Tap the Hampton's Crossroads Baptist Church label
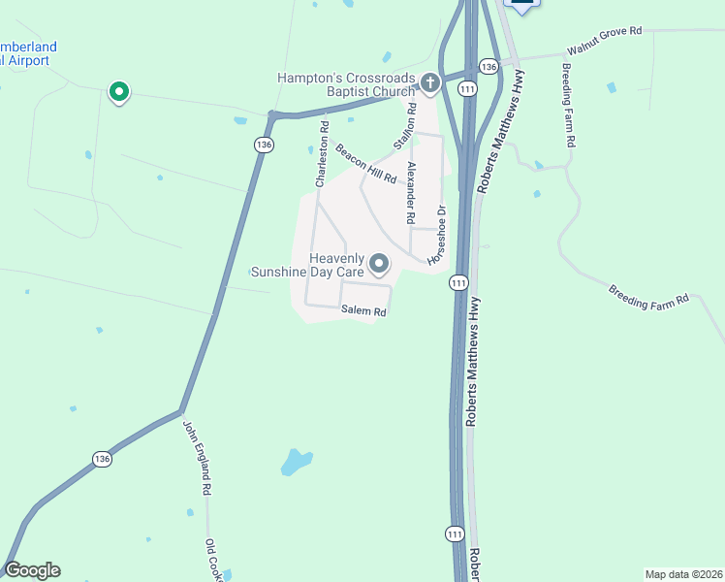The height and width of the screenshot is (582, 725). click(346, 84)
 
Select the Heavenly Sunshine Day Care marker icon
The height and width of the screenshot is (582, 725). click(379, 264)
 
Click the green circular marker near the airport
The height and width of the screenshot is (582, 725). click(119, 92)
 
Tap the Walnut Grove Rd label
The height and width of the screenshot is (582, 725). click(605, 45)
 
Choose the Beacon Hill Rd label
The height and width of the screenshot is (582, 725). click(366, 163)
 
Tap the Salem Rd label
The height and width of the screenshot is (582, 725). click(363, 311)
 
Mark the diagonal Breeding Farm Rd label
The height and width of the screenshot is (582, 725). click(648, 296)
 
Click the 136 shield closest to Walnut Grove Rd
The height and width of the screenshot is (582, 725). click(489, 66)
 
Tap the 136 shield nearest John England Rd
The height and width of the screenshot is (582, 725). click(103, 458)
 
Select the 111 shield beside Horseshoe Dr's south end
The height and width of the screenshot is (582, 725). click(458, 283)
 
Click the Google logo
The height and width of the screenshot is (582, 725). click(33, 570)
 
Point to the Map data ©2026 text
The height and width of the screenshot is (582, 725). click(683, 573)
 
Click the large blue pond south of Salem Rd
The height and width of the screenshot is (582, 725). click(296, 462)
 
